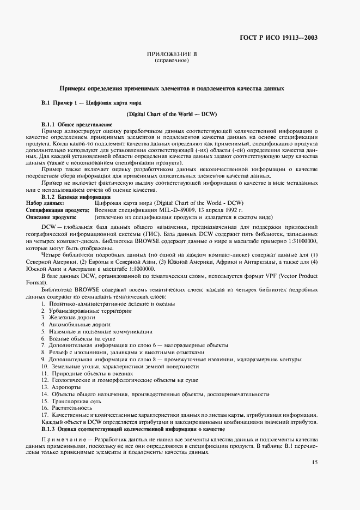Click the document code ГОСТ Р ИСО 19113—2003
point(278,38)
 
